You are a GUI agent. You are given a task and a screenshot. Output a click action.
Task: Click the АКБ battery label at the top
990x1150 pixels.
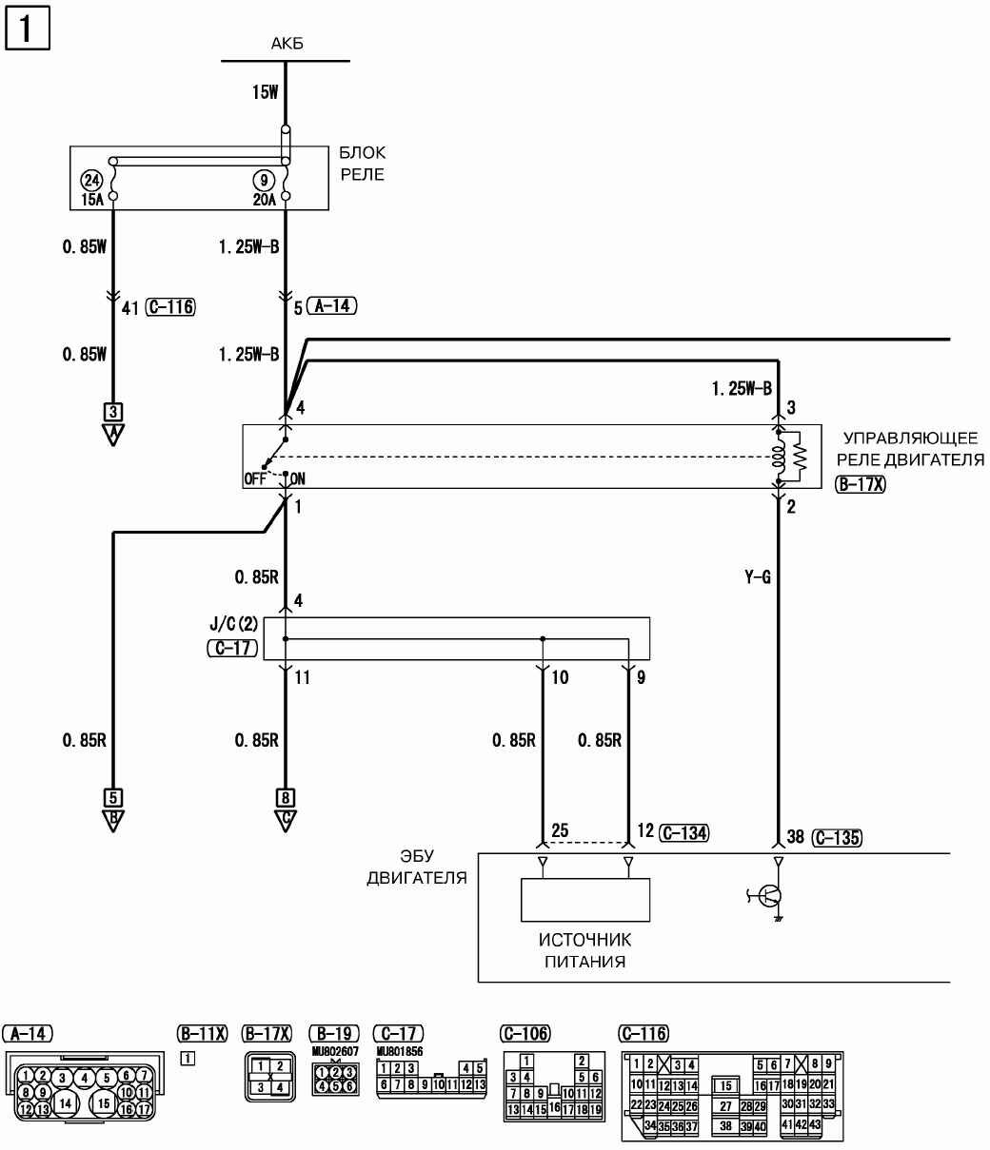coord(286,44)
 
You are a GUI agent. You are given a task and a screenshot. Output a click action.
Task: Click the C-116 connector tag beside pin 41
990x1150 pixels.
coord(171,306)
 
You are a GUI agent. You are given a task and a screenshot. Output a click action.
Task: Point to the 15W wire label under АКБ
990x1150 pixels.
coord(264,92)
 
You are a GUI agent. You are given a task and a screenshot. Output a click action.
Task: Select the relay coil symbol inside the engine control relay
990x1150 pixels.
coord(780,457)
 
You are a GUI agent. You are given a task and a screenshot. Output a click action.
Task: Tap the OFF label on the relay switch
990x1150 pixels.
coord(254,479)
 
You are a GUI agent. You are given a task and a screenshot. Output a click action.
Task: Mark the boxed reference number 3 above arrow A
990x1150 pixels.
coord(113,412)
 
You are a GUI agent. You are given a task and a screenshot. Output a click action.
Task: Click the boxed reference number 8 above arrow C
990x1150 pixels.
coord(285,797)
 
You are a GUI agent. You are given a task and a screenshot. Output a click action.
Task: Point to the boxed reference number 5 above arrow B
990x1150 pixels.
coord(113,797)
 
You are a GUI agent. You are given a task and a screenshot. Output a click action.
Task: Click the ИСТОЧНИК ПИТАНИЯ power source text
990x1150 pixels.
coord(584,950)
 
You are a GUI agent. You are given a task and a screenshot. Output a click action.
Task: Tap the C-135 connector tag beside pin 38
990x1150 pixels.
coord(837,837)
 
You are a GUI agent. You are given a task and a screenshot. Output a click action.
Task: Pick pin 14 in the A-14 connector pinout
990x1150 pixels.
coord(65,1102)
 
